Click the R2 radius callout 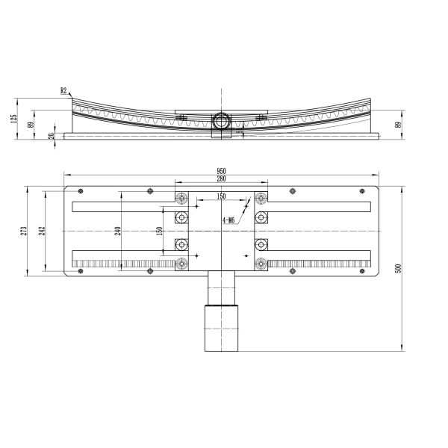pos(63,90)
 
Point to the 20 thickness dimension pos(51,136)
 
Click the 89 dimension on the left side pos(31,124)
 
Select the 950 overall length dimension pos(221,171)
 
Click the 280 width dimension pos(221,178)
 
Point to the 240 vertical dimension pos(117,231)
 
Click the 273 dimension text pos(24,231)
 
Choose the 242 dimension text pos(43,231)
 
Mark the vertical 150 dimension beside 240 pos(158,231)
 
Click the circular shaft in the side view pos(222,119)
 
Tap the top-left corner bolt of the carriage pos(181,198)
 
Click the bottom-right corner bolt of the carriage pos(261,263)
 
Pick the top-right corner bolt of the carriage pos(261,198)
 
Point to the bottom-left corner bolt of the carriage pos(181,263)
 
